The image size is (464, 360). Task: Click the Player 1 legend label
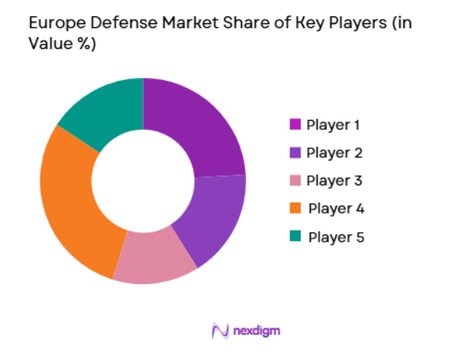(x=333, y=125)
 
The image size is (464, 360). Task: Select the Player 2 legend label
(x=334, y=153)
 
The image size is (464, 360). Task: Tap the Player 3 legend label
(x=334, y=181)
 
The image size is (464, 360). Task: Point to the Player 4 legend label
(x=336, y=209)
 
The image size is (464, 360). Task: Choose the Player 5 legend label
(x=336, y=237)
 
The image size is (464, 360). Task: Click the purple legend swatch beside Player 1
(x=295, y=125)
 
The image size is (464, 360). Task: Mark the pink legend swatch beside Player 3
(x=295, y=181)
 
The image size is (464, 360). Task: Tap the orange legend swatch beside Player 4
(x=295, y=209)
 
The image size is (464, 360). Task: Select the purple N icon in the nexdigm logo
(x=220, y=331)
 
